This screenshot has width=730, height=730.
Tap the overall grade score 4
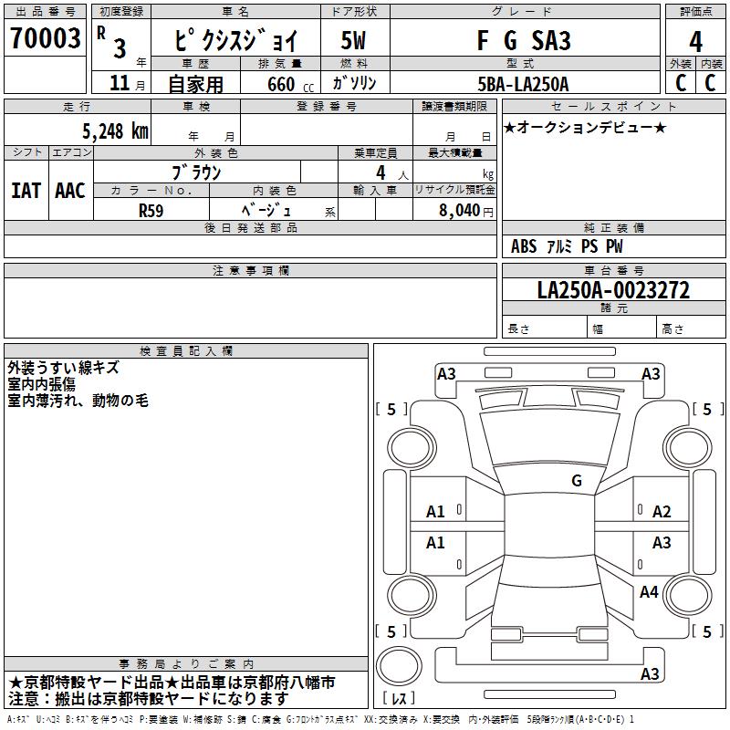[695, 42]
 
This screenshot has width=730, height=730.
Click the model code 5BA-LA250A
[524, 84]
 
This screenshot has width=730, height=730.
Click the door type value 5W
[353, 41]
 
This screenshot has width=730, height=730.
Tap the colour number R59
[151, 210]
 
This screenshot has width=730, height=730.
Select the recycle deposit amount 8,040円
[465, 210]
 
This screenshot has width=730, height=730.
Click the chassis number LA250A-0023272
[613, 290]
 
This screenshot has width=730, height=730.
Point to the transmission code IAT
[26, 191]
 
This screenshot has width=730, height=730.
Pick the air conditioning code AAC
[70, 191]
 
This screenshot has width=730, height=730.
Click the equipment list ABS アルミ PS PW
[567, 246]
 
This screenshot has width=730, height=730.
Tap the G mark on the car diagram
[577, 480]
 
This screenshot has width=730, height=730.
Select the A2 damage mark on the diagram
[662, 512]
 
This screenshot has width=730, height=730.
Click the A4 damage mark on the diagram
[649, 592]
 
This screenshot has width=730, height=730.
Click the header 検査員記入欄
[186, 351]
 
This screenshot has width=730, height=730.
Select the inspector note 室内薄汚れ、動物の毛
[78, 401]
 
